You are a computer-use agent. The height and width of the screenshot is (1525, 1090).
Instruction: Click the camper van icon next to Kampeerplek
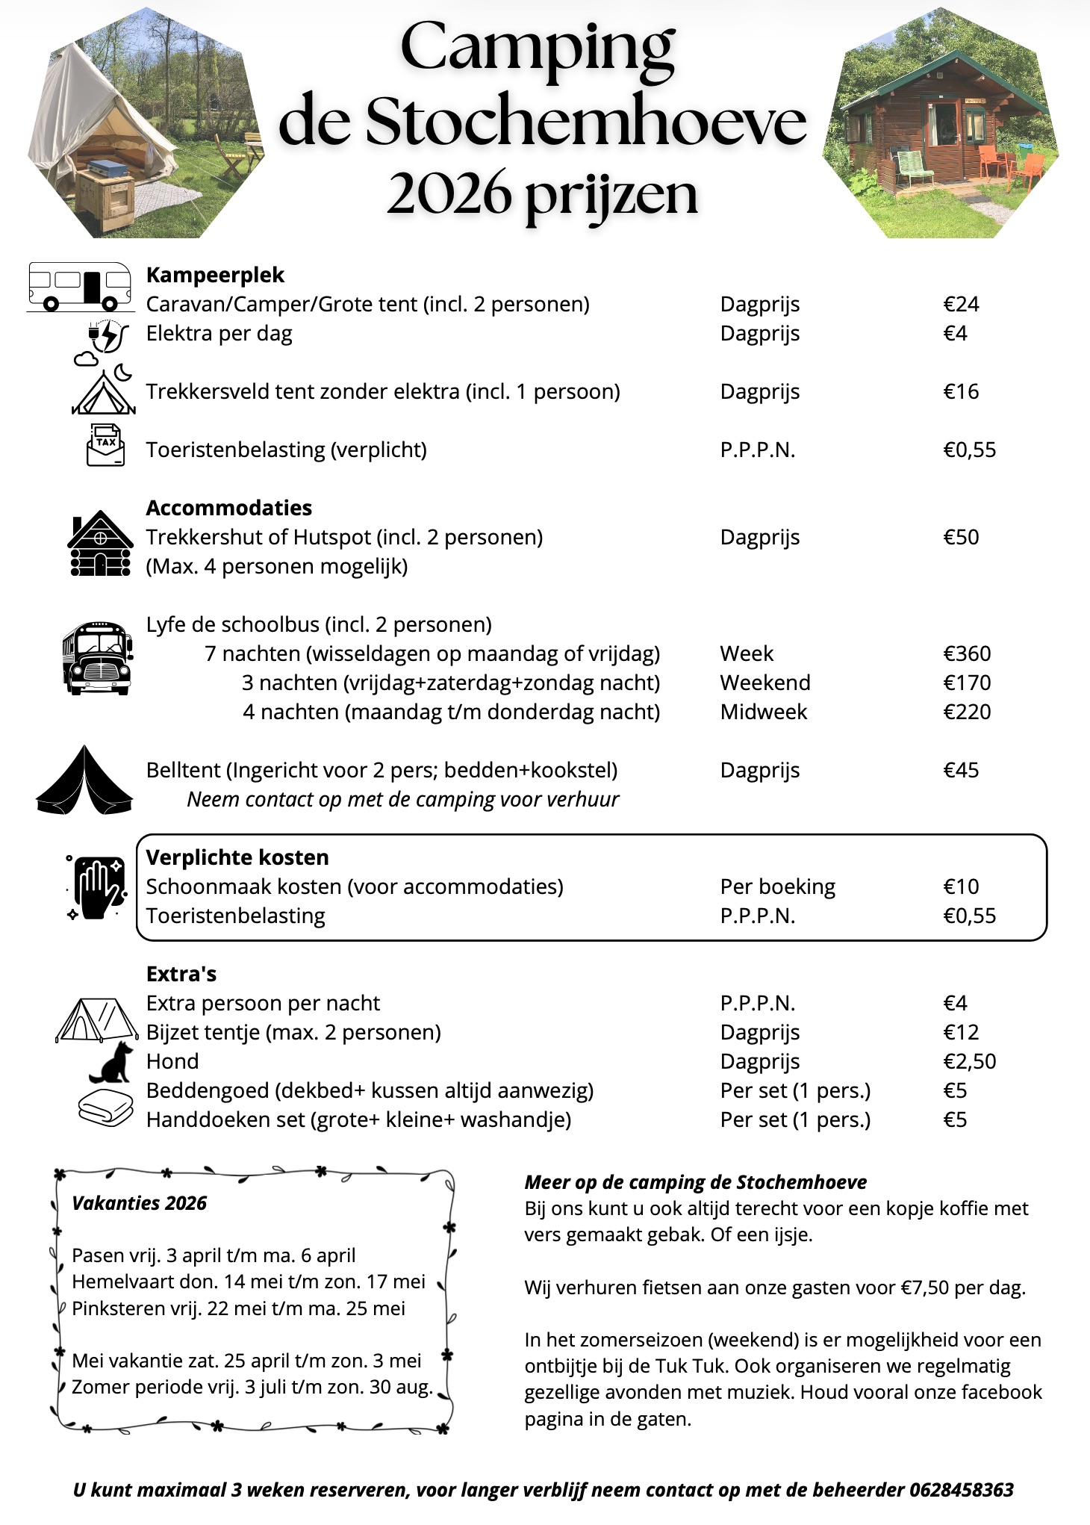(80, 286)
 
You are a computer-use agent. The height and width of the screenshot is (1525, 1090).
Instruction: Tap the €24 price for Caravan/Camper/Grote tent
(961, 304)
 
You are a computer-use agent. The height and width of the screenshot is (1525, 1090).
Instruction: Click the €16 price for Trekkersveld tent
(961, 391)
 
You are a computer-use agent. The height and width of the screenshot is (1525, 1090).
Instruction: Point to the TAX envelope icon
(106, 445)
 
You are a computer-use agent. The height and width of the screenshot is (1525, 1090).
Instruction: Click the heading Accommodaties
(228, 508)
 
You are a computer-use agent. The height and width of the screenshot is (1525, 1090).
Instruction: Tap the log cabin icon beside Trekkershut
(101, 544)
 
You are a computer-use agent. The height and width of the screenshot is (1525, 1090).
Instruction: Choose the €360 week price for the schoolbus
(967, 653)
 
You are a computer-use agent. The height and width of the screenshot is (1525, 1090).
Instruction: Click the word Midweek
(763, 712)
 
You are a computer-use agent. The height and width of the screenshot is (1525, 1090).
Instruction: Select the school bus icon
(97, 657)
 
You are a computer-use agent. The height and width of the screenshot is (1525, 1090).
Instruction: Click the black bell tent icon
(84, 780)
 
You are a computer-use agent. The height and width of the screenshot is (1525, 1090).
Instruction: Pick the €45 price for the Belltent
(961, 770)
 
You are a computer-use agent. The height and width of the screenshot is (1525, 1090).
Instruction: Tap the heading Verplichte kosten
(237, 857)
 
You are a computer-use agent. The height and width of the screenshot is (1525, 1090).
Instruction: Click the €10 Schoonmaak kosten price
(961, 886)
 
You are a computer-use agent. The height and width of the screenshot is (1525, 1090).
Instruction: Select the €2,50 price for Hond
(969, 1061)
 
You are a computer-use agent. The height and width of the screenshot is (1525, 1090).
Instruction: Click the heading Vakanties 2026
(139, 1203)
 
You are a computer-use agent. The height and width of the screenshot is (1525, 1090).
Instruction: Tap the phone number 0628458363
(961, 1490)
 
